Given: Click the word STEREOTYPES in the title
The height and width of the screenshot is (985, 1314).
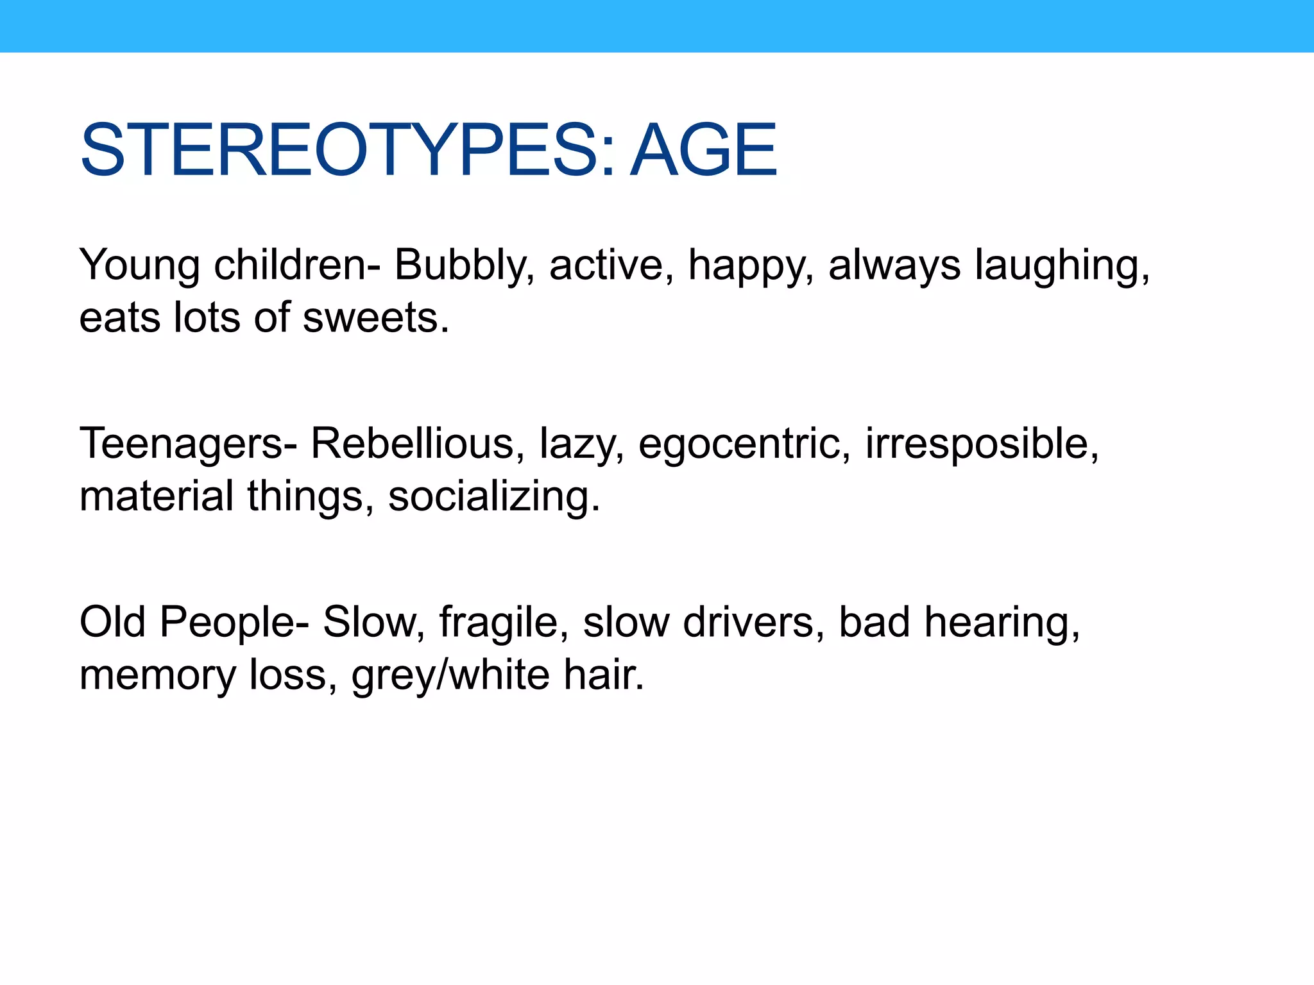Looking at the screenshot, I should [x=346, y=151].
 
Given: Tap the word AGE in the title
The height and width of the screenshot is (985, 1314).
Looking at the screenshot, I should [x=704, y=151].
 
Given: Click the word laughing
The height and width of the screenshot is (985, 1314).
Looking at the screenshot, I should [x=1062, y=265].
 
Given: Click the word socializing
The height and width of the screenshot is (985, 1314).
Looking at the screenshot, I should [x=494, y=497].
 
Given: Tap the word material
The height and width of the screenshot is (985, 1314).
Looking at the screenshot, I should [x=157, y=497].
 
